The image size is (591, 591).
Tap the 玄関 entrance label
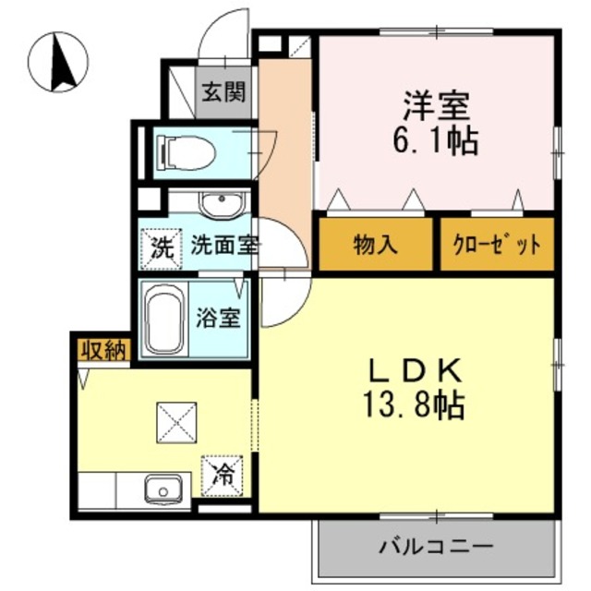(223, 92)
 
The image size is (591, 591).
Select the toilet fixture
(185, 151)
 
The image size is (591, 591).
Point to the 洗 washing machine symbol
(162, 247)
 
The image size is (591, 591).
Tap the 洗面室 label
(225, 247)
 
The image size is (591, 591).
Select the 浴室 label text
(221, 318)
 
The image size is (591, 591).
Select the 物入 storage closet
(375, 245)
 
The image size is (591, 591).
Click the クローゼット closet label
(497, 246)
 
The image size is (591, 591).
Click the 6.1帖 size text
(437, 141)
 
